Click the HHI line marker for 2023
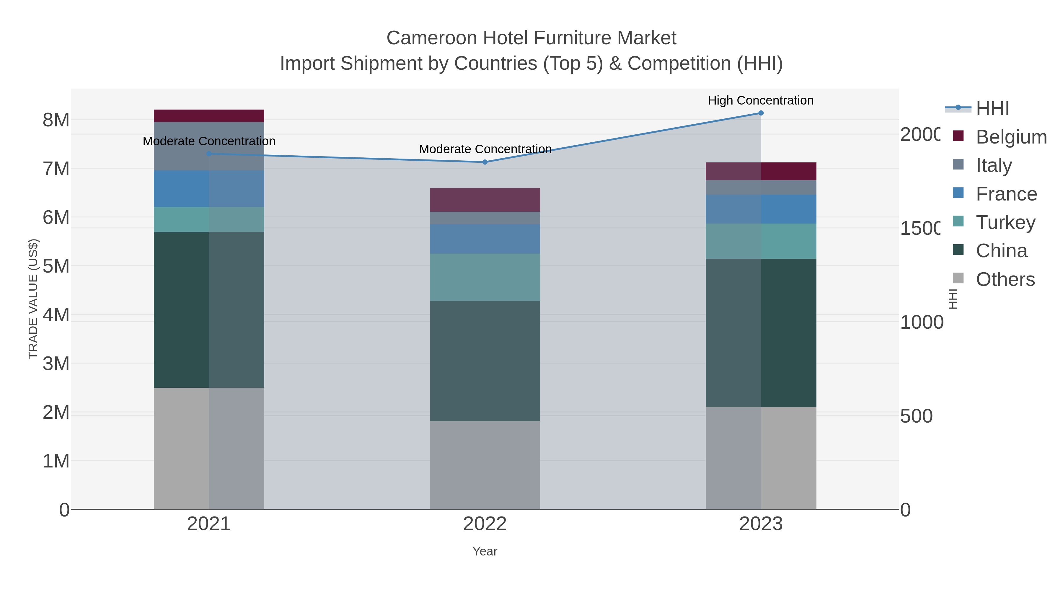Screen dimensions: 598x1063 [x=761, y=113]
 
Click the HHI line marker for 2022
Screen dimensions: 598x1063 [x=485, y=162]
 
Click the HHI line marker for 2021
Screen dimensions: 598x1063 [x=209, y=154]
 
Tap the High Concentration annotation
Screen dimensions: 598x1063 [x=761, y=100]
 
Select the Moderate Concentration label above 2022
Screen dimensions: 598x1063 [x=485, y=149]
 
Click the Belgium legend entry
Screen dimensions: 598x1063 [x=1011, y=137]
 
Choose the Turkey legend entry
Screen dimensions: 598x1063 [x=1005, y=222]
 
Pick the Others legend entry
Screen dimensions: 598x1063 [x=1005, y=279]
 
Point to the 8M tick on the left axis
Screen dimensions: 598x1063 [x=56, y=120]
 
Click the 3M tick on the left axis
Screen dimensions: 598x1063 [x=56, y=364]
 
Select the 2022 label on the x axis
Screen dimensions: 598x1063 [x=485, y=524]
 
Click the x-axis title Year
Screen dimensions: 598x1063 [x=485, y=551]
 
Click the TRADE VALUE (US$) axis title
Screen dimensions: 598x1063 [x=33, y=299]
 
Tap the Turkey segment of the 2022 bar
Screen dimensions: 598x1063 [x=485, y=277]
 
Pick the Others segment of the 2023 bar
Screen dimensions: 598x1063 [x=761, y=458]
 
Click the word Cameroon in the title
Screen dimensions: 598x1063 [x=431, y=38]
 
